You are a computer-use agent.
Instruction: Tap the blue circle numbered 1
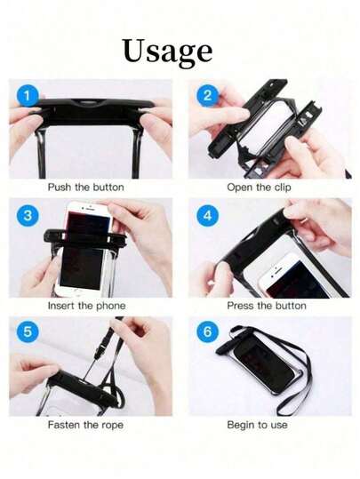(x=28, y=96)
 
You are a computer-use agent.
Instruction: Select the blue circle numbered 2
(x=207, y=96)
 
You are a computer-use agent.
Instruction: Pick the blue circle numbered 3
(x=28, y=215)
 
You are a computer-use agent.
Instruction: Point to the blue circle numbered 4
(x=207, y=215)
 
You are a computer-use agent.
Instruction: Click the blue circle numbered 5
(x=28, y=331)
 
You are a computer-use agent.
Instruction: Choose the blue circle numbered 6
(x=207, y=331)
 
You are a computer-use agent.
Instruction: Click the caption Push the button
(x=86, y=187)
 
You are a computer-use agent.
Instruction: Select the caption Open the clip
(x=259, y=188)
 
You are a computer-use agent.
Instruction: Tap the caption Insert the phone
(x=87, y=306)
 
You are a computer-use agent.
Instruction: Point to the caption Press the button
(x=267, y=306)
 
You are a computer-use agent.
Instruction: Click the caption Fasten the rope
(x=85, y=425)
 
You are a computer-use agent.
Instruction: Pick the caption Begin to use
(x=257, y=425)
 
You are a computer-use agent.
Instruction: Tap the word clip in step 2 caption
(x=283, y=188)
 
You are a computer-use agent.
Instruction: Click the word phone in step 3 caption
(x=111, y=306)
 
